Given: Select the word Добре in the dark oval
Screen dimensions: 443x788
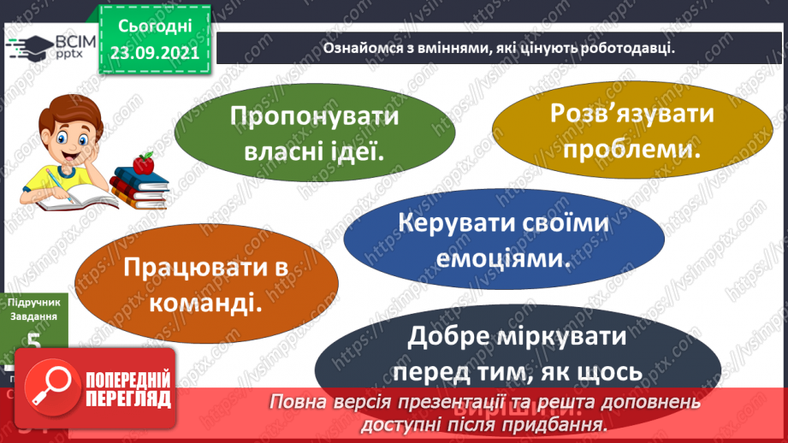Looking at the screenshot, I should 450,337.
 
